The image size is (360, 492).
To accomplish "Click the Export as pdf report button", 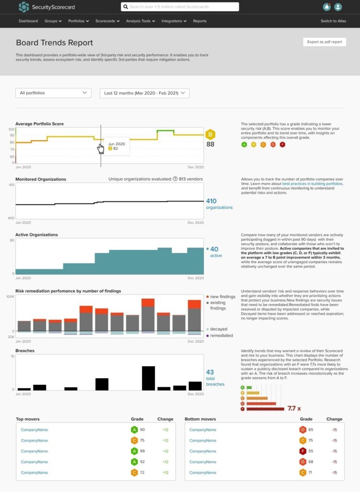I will (x=324, y=42).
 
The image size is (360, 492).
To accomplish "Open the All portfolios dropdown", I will (x=53, y=93).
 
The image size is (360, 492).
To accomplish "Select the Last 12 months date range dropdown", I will (x=144, y=93).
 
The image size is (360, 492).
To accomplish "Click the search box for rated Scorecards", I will (x=180, y=7).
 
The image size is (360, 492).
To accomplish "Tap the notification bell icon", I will (x=327, y=7).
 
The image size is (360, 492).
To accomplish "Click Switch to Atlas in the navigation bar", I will (x=333, y=21).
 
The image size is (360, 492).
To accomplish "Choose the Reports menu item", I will (x=200, y=21).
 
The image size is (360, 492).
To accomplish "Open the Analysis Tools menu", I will (x=140, y=21).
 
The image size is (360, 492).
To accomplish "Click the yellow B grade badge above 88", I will (x=210, y=135).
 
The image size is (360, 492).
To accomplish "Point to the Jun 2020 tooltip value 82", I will (x=115, y=149).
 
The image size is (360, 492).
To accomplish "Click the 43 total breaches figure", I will (x=210, y=372).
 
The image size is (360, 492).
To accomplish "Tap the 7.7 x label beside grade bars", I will (x=294, y=408).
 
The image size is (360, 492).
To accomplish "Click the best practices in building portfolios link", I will (x=312, y=184).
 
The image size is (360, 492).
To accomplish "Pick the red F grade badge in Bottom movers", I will (x=303, y=451).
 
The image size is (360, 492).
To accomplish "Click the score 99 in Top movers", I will (x=143, y=451).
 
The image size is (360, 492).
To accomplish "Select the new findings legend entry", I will (x=221, y=296).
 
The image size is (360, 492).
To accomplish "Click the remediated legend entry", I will (x=221, y=335).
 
